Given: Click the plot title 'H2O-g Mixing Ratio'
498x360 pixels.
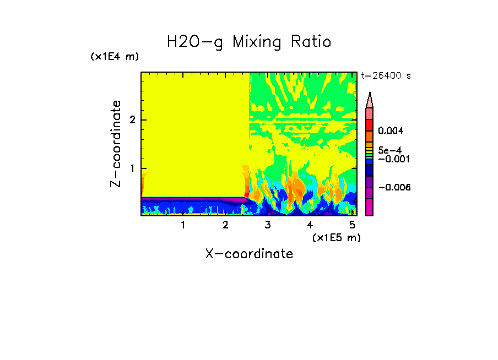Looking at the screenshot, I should [249, 42].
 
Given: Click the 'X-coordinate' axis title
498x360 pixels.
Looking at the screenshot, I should [249, 254].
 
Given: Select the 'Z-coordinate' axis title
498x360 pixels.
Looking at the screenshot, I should [116, 144].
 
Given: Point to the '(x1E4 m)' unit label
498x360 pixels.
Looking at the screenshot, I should [115, 57].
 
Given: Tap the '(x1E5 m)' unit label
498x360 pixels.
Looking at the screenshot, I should [336, 237].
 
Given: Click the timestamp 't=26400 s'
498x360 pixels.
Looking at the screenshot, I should [386, 76].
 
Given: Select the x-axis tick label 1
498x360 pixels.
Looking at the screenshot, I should [183, 225].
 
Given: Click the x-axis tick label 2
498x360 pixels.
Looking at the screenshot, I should [225, 225].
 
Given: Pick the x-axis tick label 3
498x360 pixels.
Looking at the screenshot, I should [268, 225].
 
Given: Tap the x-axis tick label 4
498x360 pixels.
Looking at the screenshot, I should [310, 225].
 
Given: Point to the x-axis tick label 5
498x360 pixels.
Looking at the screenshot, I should [352, 225].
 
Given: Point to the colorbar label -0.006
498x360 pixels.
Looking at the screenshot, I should [394, 188].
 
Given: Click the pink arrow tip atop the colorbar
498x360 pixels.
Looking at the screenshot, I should [370, 100].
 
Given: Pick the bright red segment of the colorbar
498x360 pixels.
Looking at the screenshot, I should [370, 124].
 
